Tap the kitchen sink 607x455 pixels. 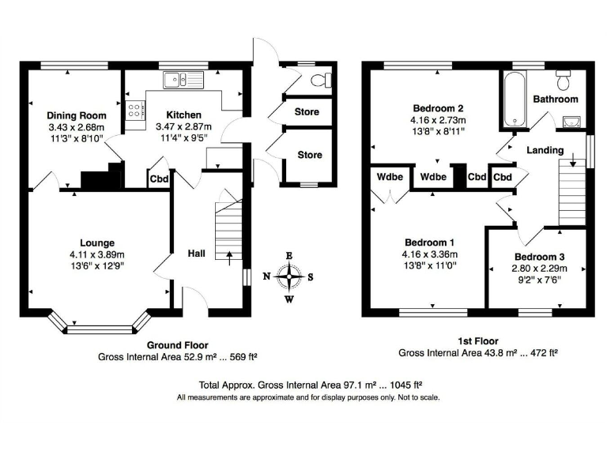pos(183,79)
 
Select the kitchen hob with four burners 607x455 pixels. pos(134,112)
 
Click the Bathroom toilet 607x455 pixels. pos(563,80)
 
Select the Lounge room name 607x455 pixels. pos(96,243)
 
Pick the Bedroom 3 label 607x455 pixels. pos(540,258)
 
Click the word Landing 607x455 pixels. pos(545,150)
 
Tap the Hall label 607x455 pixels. pos(197,254)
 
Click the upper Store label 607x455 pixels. pos(307,111)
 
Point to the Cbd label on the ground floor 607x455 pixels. pos(159,179)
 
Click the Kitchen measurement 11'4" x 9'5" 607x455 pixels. pos(183,137)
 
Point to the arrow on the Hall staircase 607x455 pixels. pos(230,254)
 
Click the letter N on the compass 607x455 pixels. pos(266,276)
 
